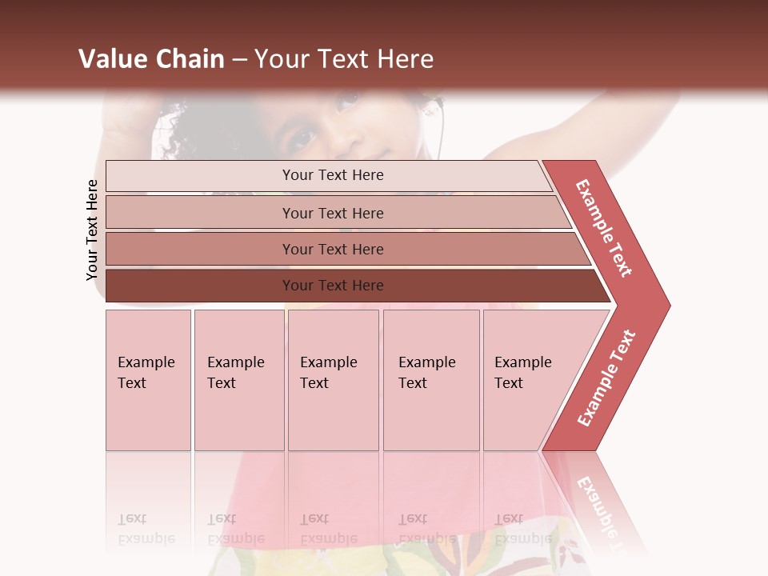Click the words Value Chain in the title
pos(151,59)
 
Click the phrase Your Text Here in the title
pos(344,59)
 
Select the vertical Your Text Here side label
pos(92,230)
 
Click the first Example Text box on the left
pos(148,380)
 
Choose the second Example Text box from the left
pos(239,380)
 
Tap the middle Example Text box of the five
pos(333,380)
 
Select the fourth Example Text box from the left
pos(431,380)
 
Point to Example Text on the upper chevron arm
pos(604,228)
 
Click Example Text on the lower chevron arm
pos(606,378)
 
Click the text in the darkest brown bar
pos(333,286)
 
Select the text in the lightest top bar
pos(333,175)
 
